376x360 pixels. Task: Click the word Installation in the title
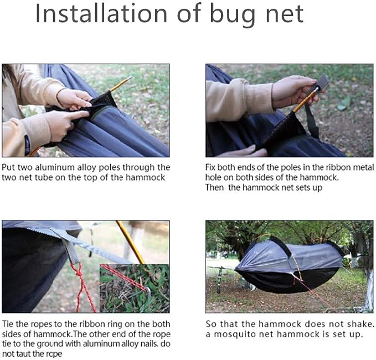pos(101,14)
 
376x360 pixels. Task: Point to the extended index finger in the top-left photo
pos(77,115)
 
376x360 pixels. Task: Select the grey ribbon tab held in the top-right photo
pos(322,81)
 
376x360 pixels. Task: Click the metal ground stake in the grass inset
pos(147,294)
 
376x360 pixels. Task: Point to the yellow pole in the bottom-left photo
pos(131,243)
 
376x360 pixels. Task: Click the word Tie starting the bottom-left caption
pos(8,324)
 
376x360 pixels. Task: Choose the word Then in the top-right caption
pos(214,187)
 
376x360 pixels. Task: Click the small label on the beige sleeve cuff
pos(27,145)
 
